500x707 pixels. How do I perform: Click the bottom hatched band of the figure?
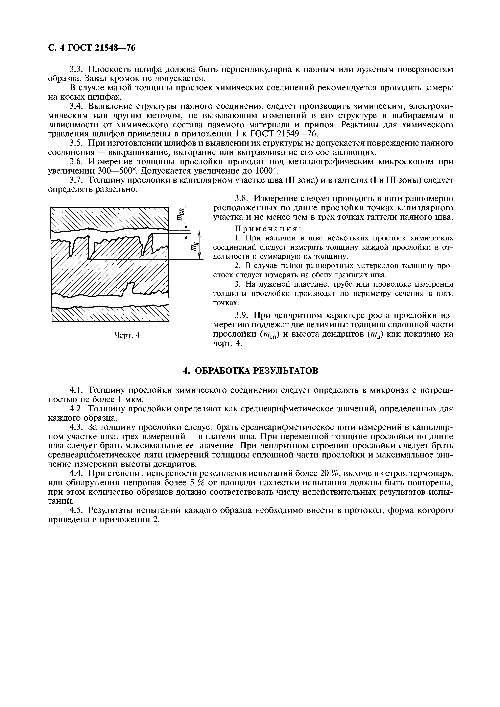point(110,315)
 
